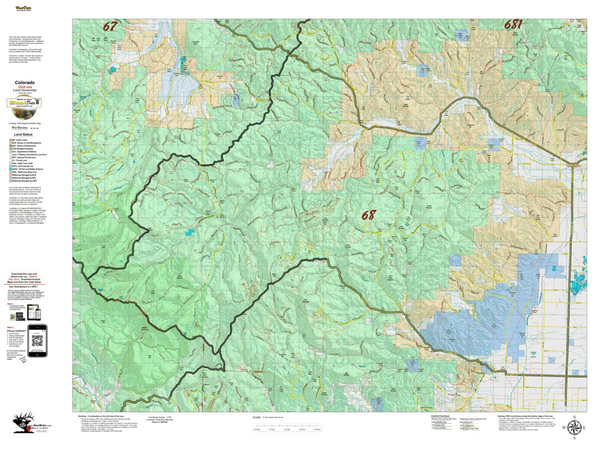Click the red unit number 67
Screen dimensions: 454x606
tap(110, 26)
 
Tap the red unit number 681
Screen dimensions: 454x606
tap(514, 25)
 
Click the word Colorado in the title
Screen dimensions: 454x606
tap(25, 82)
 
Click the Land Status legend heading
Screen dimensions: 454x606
tap(25, 135)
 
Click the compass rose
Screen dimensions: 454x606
tap(574, 428)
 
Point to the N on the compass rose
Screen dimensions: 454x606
tap(574, 417)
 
